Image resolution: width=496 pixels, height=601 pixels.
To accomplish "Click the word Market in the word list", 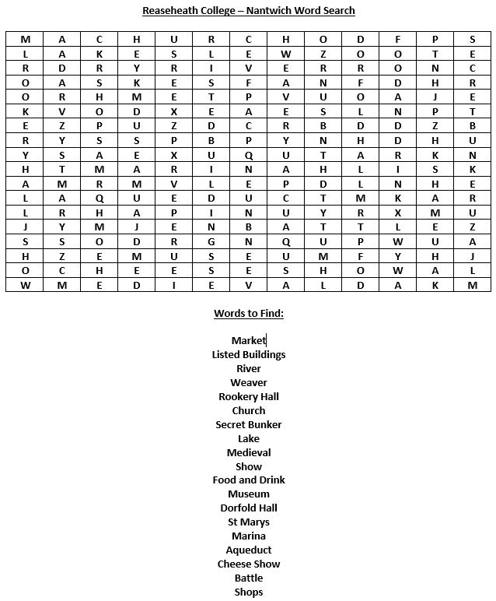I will click(248, 340).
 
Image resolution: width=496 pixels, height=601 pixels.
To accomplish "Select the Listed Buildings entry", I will click(248, 354).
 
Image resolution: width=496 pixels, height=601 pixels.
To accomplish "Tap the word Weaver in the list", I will click(248, 382).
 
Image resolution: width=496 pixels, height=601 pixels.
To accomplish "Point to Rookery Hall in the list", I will click(248, 396).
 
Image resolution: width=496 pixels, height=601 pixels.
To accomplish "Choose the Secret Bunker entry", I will click(248, 424).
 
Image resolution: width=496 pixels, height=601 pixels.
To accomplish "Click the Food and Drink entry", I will click(248, 480).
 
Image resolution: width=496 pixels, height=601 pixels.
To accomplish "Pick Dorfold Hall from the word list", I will click(248, 508).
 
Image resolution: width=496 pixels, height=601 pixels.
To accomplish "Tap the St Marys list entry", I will click(248, 522).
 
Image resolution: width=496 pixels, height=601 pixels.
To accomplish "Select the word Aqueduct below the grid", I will click(248, 550).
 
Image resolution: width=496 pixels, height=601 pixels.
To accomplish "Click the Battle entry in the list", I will click(248, 578).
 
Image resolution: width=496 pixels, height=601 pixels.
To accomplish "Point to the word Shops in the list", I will click(248, 592).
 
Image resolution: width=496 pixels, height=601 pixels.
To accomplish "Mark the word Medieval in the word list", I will click(248, 452).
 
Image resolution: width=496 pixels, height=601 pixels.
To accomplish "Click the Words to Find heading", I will click(248, 313).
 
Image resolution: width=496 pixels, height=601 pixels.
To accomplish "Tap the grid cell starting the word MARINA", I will click(100, 168).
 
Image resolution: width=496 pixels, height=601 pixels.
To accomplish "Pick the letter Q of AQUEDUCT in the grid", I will click(100, 198).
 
